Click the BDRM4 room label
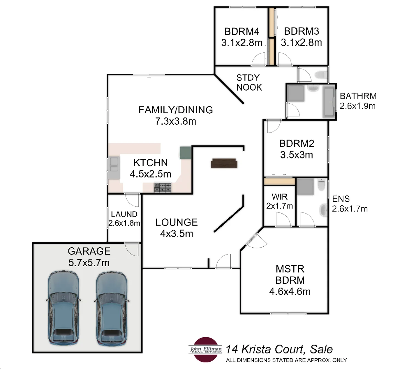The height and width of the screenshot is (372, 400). tap(241, 32)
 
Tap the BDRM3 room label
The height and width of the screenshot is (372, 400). tap(301, 31)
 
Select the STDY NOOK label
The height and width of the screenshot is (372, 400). tap(249, 82)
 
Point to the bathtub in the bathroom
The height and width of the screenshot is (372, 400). tap(328, 101)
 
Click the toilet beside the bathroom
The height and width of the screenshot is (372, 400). tap(321, 75)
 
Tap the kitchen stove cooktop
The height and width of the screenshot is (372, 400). tap(162, 188)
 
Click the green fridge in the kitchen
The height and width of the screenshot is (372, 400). tap(185, 153)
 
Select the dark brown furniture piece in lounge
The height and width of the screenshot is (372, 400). tap(224, 163)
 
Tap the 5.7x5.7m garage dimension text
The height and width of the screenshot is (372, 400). tap(89, 263)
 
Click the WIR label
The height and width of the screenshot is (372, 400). tap(279, 197)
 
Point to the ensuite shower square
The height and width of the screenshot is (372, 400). tap(305, 187)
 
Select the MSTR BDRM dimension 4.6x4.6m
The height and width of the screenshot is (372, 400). tap(290, 291)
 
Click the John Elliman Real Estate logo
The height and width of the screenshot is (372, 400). tap(206, 349)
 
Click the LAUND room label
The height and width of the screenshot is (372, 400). tap(124, 214)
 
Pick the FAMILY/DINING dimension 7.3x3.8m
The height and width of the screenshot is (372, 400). tap(176, 121)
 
